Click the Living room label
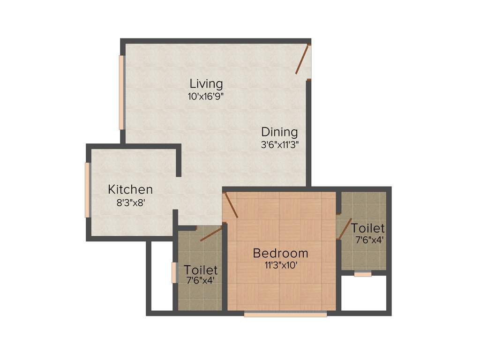click(206, 84)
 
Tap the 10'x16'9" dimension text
click(206, 97)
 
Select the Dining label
click(279, 132)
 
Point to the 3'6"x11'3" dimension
click(279, 145)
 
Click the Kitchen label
click(130, 189)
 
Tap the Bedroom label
click(280, 253)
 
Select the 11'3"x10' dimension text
click(280, 265)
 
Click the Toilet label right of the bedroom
click(368, 228)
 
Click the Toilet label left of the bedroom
click(201, 270)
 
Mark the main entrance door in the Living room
click(303, 60)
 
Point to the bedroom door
click(231, 206)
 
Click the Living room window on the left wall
click(121, 92)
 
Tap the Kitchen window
click(87, 189)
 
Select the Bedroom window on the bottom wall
click(285, 315)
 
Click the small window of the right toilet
click(363, 274)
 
